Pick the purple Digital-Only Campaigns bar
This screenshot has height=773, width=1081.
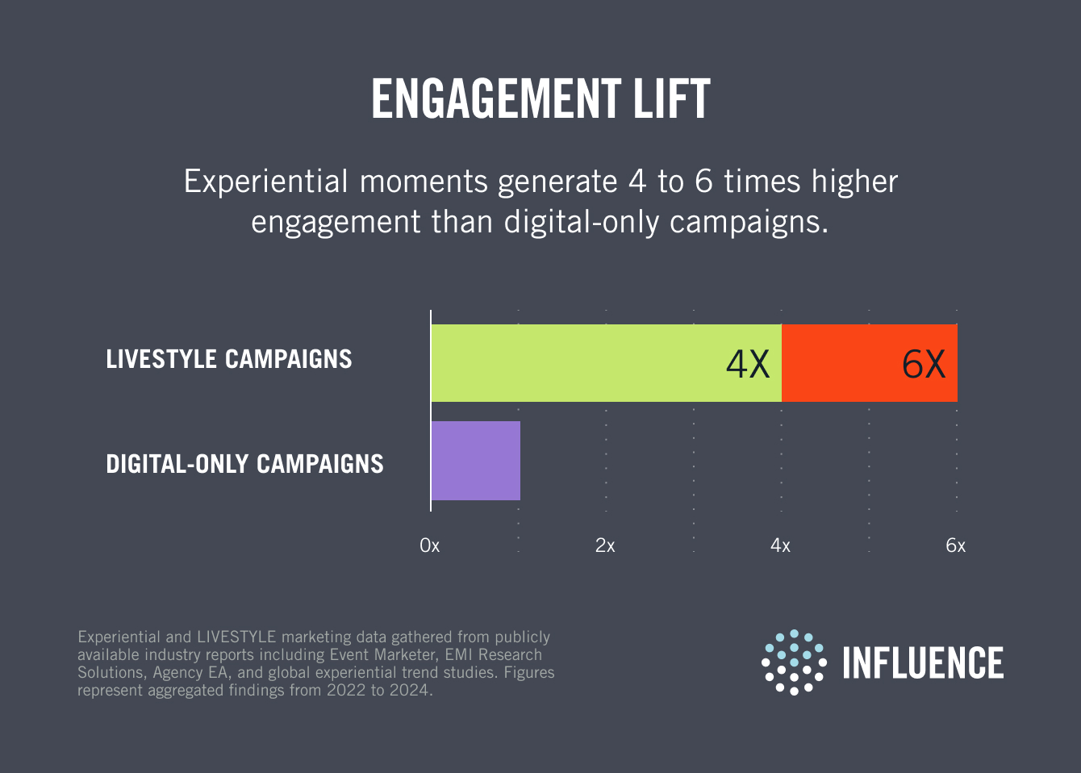pyautogui.click(x=476, y=461)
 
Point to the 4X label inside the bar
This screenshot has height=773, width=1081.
pyautogui.click(x=748, y=364)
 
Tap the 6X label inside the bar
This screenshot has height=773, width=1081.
pyautogui.click(x=924, y=364)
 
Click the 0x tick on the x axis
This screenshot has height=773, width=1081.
pyautogui.click(x=430, y=546)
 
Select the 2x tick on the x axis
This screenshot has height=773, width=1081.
pyautogui.click(x=605, y=546)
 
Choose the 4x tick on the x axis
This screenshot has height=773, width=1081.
pyautogui.click(x=780, y=546)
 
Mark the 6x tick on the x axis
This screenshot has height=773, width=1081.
pyautogui.click(x=955, y=546)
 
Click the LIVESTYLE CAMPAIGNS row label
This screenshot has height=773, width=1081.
pyautogui.click(x=229, y=359)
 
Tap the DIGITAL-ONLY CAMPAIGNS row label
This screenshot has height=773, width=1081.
pyautogui.click(x=244, y=464)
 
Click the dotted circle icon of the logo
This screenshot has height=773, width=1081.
pyautogui.click(x=794, y=662)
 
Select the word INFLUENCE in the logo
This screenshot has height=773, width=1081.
pyautogui.click(x=923, y=663)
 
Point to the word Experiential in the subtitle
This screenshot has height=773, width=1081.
pyautogui.click(x=266, y=182)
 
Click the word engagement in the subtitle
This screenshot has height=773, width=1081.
pyautogui.click(x=336, y=222)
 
